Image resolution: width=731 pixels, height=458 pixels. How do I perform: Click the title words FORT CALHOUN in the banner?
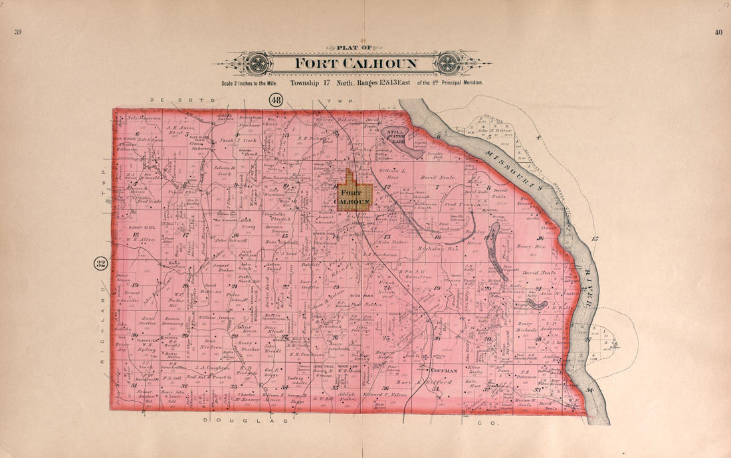356,64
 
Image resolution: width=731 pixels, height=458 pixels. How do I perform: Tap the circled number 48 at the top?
276,100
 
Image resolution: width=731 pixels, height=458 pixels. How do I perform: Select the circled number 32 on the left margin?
100,265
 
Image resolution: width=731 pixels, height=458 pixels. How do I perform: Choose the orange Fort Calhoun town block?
353,192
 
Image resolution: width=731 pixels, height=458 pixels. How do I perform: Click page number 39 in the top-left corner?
18,32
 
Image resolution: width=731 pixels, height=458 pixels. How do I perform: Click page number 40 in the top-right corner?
718,32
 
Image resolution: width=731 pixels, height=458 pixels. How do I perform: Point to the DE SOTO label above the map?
174,100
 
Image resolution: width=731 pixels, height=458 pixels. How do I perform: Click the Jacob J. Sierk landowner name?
238,141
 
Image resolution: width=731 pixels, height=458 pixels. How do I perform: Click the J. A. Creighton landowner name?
213,367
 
